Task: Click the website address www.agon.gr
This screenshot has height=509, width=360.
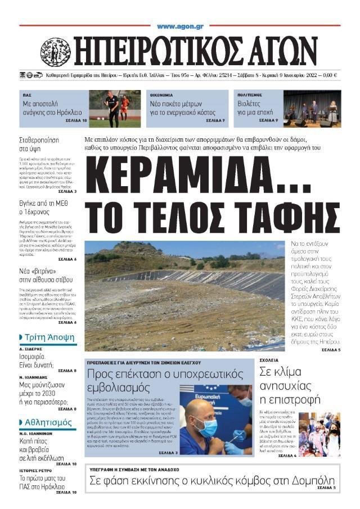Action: (x=180, y=26)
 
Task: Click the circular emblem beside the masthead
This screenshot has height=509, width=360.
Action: (x=56, y=52)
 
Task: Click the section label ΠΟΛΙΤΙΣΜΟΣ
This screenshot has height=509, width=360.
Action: (x=250, y=96)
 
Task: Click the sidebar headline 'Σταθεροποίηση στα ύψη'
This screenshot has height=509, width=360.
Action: (x=39, y=145)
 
